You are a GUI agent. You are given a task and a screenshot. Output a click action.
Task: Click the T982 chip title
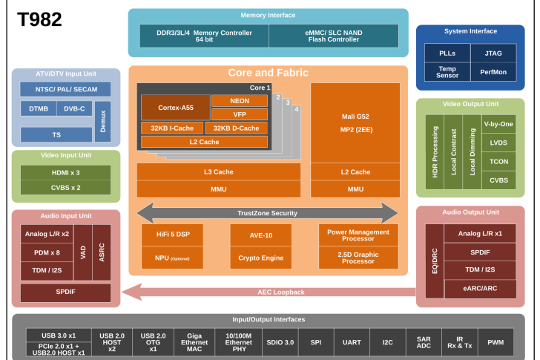coord(39,19)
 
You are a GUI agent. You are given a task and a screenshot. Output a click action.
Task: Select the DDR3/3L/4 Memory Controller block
coord(204,36)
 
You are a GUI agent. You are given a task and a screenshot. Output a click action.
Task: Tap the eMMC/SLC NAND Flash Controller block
coord(333,36)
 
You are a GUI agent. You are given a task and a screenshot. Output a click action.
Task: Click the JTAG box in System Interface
coord(493,53)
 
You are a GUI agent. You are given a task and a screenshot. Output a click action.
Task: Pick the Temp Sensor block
coord(447,72)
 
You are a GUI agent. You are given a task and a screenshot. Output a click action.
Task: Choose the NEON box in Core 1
coord(239,100)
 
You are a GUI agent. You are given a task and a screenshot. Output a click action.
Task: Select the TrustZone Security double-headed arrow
coord(267,213)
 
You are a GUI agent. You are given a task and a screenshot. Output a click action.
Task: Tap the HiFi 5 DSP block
coord(172,235)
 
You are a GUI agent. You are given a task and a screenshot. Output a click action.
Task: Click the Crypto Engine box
coord(260,258)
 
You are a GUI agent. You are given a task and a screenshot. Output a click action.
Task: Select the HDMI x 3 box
coord(65,172)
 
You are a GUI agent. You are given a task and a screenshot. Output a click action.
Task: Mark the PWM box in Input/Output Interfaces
coord(495,342)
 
